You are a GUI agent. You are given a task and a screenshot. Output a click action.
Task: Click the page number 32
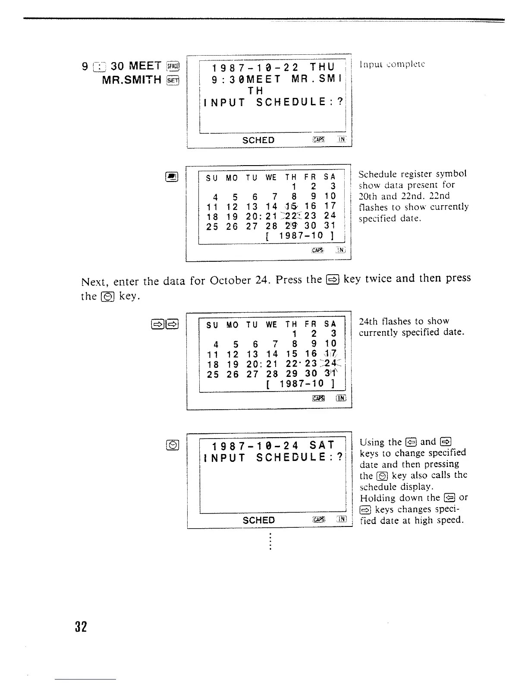point(81,626)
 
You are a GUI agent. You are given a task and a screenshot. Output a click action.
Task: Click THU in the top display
point(322,67)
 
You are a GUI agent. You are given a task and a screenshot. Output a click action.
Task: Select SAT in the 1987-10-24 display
point(322,445)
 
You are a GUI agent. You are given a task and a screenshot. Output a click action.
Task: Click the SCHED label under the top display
point(258,140)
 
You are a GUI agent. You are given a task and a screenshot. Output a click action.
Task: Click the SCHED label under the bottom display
point(258,520)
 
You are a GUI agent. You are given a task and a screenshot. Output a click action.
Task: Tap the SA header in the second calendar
point(330,325)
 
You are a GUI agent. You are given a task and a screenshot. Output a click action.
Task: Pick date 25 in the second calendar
point(212,374)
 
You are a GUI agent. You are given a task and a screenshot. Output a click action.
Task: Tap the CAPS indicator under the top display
point(317,140)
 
